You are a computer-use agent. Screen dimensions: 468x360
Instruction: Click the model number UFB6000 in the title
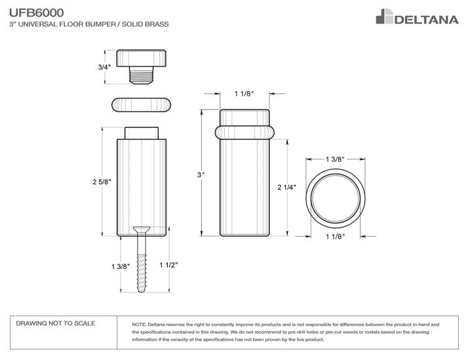pyautogui.click(x=37, y=13)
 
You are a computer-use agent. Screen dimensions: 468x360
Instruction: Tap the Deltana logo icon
pyautogui.click(x=384, y=16)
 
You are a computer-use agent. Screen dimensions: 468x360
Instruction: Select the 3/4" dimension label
pyautogui.click(x=104, y=67)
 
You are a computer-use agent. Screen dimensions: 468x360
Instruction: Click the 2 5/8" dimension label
pyautogui.click(x=102, y=182)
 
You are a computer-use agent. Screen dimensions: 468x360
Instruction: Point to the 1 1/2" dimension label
pyautogui.click(x=168, y=265)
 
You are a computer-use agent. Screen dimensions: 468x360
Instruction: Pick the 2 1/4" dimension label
pyautogui.click(x=286, y=187)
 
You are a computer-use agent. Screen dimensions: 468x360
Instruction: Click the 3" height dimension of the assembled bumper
pyautogui.click(x=201, y=174)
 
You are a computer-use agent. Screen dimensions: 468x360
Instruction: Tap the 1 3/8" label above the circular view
pyautogui.click(x=335, y=159)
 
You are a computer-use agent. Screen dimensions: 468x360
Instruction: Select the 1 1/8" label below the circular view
pyautogui.click(x=335, y=237)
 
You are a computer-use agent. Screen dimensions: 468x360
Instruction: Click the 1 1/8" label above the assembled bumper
pyautogui.click(x=244, y=94)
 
